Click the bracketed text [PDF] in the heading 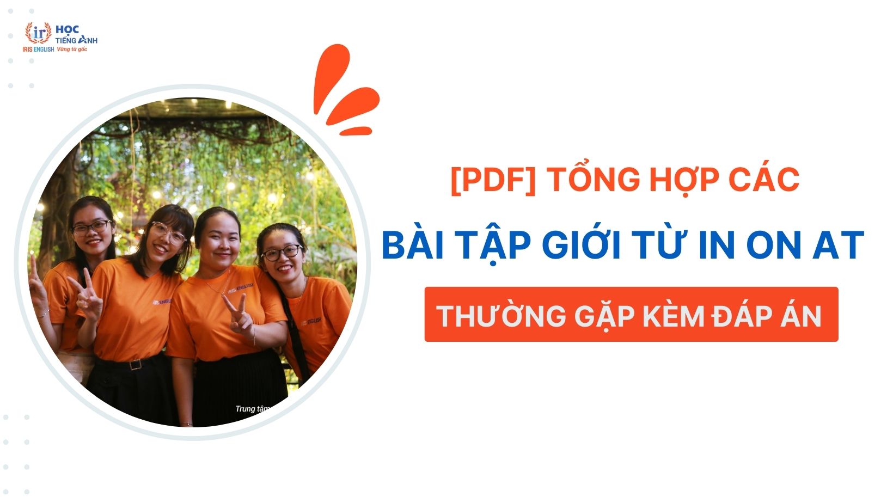[x=493, y=180]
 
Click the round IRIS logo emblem [x=38, y=33]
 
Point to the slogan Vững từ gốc [x=72, y=50]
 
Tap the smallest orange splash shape [x=356, y=131]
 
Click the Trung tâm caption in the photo [x=252, y=409]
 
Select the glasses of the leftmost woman [x=91, y=228]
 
